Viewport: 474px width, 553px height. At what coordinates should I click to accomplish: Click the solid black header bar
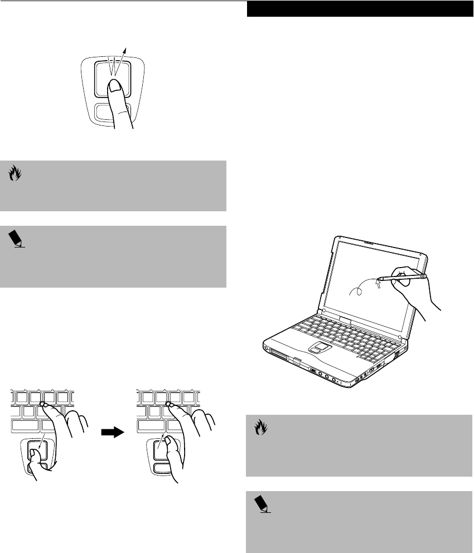point(358,9)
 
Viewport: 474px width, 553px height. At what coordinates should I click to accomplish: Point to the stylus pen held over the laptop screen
point(400,276)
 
